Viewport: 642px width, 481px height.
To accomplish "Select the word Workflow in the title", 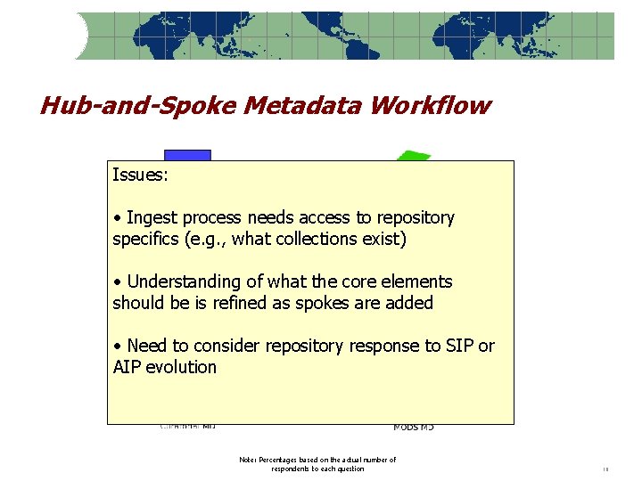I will (x=431, y=106).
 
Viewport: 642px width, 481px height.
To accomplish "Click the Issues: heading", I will (x=140, y=175).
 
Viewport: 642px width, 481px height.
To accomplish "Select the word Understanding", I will (x=184, y=281).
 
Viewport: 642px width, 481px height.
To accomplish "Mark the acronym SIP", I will (x=461, y=346).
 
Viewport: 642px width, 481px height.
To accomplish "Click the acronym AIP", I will (x=128, y=367).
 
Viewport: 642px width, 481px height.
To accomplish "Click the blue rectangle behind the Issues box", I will (x=187, y=155).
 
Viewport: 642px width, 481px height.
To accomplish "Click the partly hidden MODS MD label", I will (x=414, y=428).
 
